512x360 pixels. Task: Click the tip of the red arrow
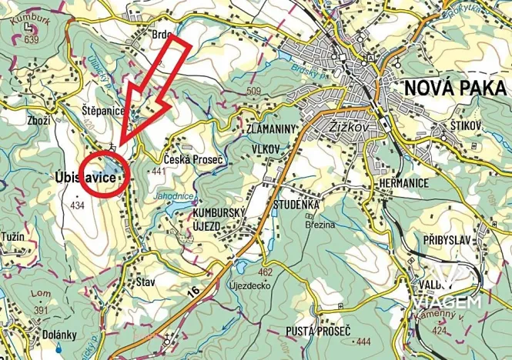[122, 147]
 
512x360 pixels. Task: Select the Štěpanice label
[102, 112]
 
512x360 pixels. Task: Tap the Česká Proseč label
[194, 159]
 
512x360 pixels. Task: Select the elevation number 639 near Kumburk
[32, 39]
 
